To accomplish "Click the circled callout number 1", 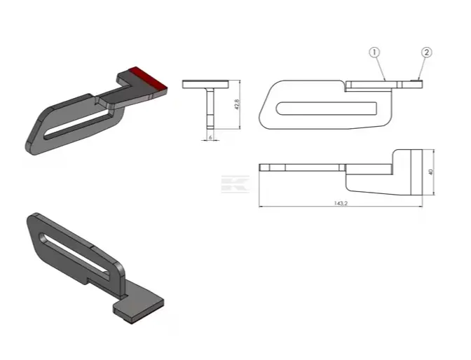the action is [374, 53].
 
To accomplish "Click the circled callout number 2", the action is [427, 53].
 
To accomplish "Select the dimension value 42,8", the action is [237, 104].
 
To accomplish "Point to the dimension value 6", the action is [210, 137].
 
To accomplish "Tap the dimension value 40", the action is [431, 172].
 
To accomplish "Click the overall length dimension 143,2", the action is [341, 203].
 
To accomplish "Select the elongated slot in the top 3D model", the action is [76, 126].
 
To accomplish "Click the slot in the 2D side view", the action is [326, 109].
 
